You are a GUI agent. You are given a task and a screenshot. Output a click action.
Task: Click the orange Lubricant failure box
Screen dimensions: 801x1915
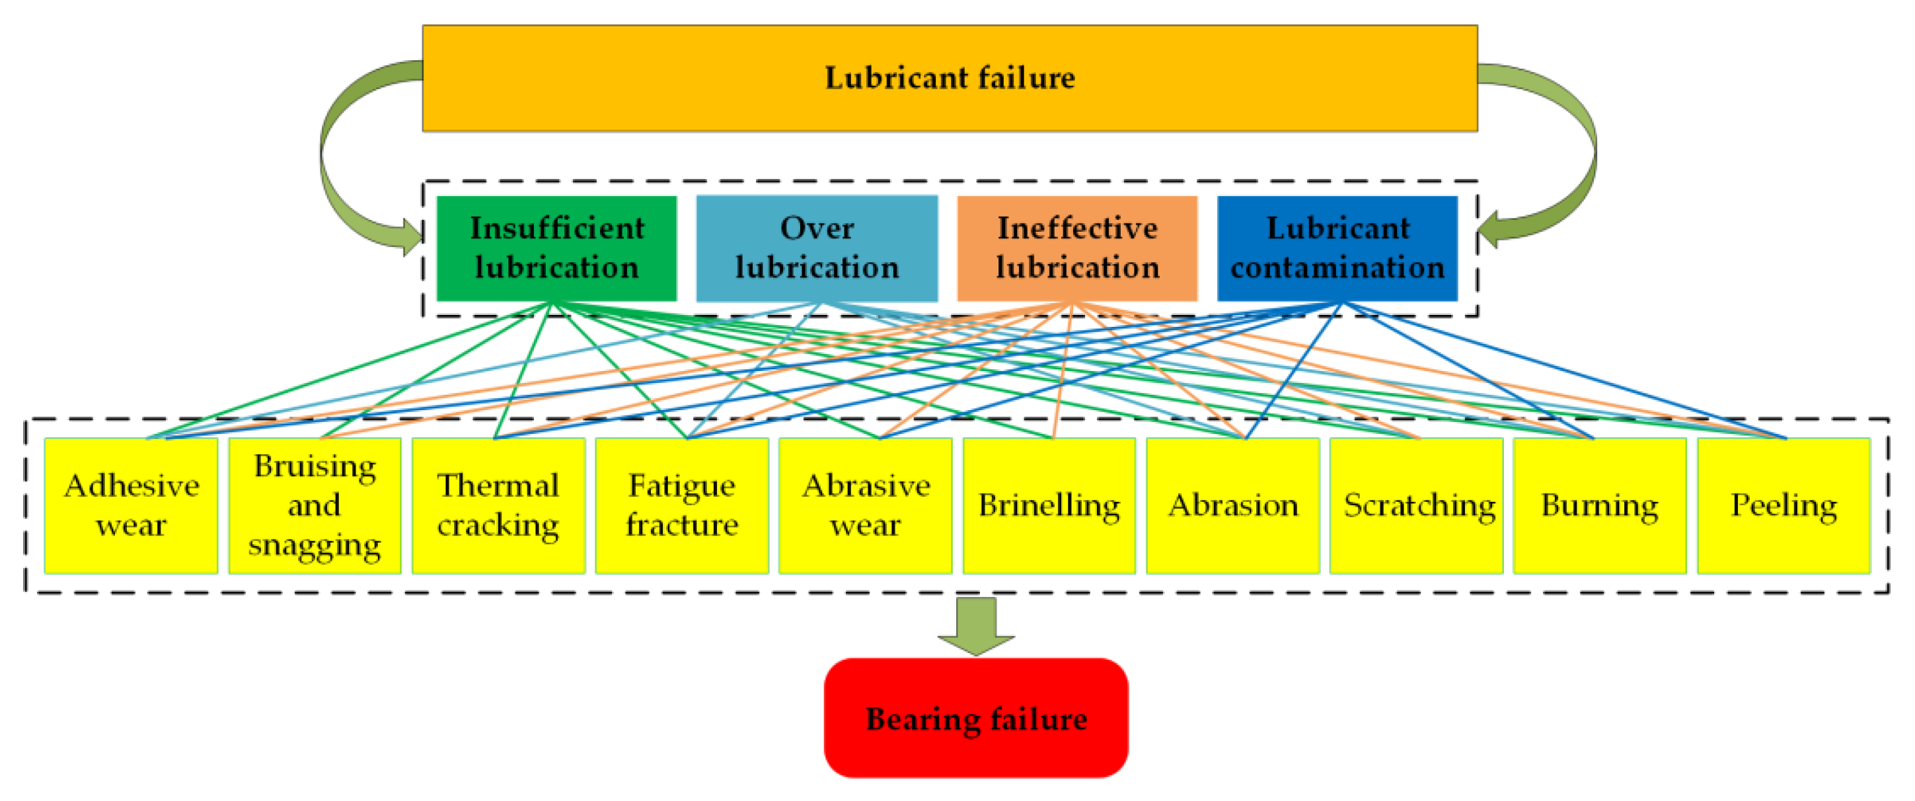pyautogui.click(x=950, y=78)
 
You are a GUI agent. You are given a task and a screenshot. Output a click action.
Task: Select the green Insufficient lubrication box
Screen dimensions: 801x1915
pyautogui.click(x=556, y=248)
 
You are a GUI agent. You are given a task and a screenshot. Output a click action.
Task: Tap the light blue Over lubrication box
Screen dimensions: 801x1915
pyautogui.click(x=816, y=248)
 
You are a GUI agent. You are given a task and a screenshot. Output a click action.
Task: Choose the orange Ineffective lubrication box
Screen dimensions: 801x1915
pyautogui.click(x=1076, y=248)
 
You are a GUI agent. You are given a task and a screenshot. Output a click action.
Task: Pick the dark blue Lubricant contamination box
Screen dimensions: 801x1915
pyautogui.click(x=1337, y=248)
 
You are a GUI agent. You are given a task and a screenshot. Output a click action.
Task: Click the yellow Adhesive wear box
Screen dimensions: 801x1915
pyautogui.click(x=131, y=505)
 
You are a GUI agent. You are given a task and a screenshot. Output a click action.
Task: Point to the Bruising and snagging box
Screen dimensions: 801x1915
pyautogui.click(x=315, y=505)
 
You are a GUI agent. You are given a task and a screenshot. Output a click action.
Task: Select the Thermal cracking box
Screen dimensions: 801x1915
pyautogui.click(x=498, y=505)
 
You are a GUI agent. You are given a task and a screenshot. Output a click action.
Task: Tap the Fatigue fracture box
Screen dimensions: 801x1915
pyautogui.click(x=682, y=505)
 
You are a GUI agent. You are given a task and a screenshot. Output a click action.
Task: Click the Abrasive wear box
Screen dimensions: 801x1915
pyautogui.click(x=866, y=505)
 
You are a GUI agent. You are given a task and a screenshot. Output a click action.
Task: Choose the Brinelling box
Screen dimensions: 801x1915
pyautogui.click(x=1049, y=505)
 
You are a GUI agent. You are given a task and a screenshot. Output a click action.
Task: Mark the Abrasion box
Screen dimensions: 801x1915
pyautogui.click(x=1232, y=505)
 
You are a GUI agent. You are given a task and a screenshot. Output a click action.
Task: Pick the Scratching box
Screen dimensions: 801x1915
pyautogui.click(x=1416, y=505)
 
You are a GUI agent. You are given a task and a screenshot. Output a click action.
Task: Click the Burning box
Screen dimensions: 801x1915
pyautogui.click(x=1600, y=505)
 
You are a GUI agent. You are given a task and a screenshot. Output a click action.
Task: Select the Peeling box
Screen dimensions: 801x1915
pyautogui.click(x=1784, y=505)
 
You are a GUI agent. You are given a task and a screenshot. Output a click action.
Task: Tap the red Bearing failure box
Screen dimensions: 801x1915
pyautogui.click(x=975, y=718)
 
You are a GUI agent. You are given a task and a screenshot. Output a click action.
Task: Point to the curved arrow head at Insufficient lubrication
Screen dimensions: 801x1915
pyautogui.click(x=410, y=237)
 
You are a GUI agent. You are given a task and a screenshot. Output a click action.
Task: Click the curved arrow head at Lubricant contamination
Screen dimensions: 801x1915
pyautogui.click(x=1489, y=230)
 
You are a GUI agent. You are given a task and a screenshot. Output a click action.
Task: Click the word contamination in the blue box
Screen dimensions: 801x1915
pyautogui.click(x=1337, y=267)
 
